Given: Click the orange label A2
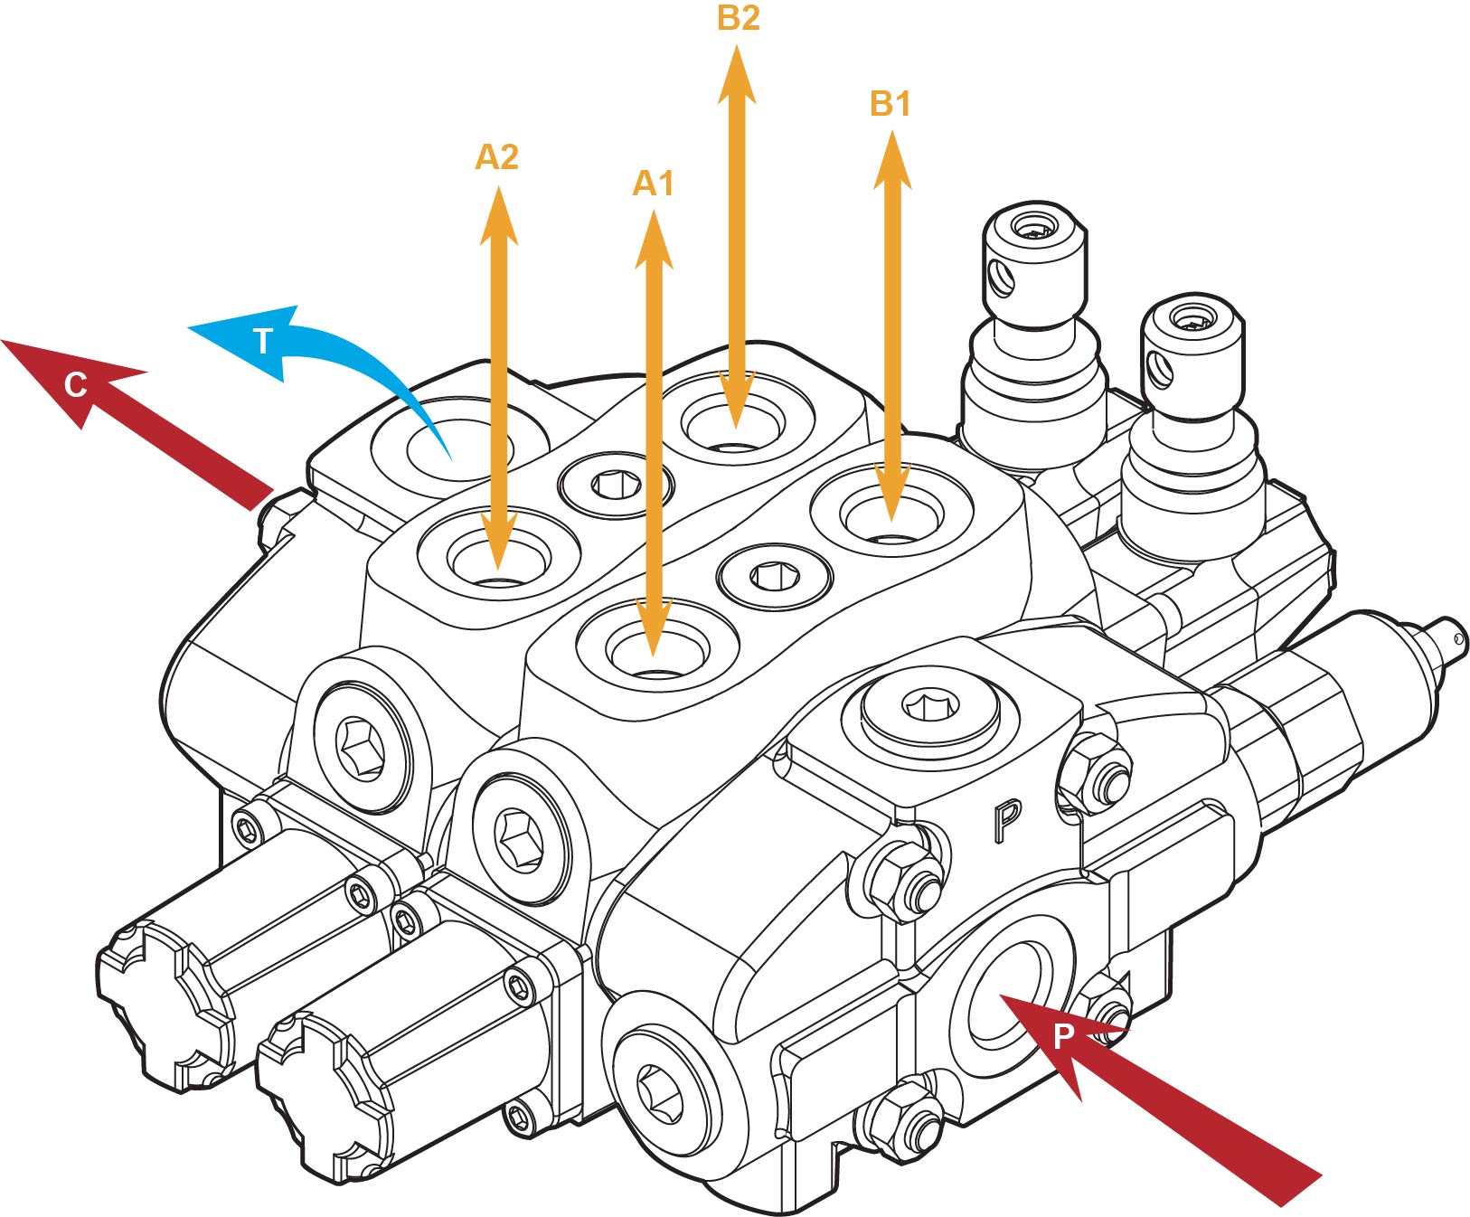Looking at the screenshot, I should point(496,157).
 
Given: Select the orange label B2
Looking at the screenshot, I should point(738,18).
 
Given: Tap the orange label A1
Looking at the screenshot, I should point(653,184).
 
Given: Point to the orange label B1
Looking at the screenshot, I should point(890,104).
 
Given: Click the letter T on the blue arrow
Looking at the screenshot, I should point(262,342).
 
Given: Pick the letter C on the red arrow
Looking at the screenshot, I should point(76,386).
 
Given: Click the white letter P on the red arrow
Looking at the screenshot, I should point(1064,1036).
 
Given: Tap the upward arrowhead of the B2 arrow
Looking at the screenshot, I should point(737,72).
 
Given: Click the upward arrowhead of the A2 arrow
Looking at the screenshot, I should point(498,215).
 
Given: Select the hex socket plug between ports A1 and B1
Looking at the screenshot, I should point(774,576).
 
